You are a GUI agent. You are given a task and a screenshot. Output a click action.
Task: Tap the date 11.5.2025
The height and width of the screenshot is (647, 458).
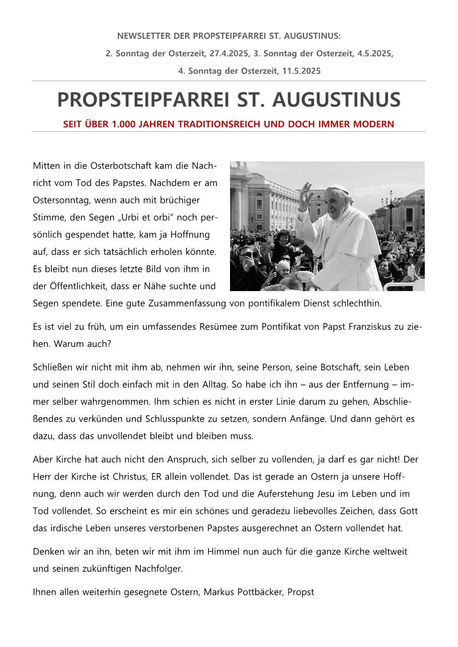click(x=301, y=71)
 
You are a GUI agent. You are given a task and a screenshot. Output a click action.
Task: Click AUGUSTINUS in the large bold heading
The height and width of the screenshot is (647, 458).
click(x=337, y=100)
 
